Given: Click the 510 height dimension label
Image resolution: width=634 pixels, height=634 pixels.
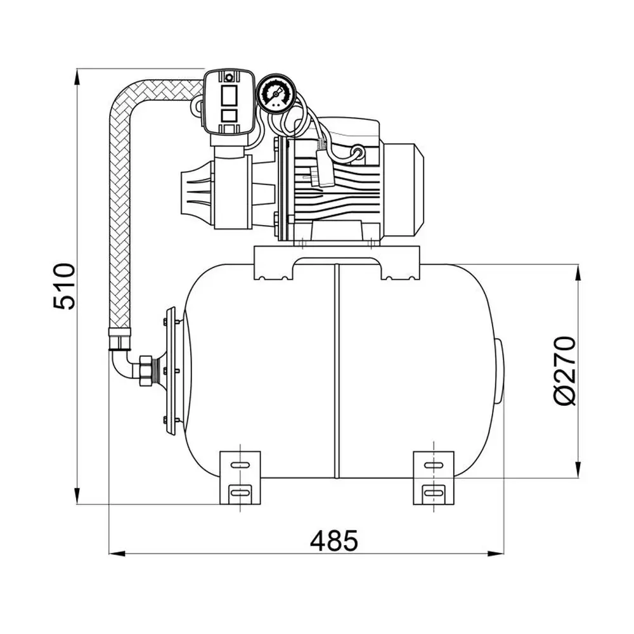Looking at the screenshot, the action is point(64,287).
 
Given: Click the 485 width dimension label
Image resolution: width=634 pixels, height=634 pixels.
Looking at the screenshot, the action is point(334,540).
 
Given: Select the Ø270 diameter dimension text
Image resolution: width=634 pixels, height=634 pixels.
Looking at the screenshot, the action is point(564,370).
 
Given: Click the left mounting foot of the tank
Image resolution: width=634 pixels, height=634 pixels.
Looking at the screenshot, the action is point(240,477).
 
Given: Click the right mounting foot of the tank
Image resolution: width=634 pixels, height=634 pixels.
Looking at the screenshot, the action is point(434,477).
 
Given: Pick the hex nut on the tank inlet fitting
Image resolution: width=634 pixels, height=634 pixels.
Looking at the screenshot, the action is point(145,371).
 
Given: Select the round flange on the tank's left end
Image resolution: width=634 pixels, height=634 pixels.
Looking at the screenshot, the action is point(170,371).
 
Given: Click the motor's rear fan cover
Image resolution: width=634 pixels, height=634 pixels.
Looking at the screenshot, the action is point(404,190).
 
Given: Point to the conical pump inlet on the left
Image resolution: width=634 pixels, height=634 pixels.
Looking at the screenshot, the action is point(196,191).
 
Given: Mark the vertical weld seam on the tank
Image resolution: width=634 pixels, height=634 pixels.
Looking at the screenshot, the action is point(336,371).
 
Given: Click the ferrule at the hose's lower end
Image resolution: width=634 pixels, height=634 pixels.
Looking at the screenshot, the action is point(120,339).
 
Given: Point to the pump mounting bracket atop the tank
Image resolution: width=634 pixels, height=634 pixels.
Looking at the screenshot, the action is point(337,263).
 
